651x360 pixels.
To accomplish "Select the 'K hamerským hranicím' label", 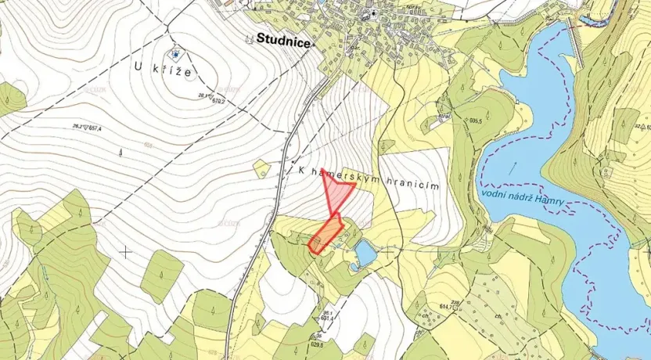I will pos(365,179).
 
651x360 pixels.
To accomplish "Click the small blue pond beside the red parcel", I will pos(364,252).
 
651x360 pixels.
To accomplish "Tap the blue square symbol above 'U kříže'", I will pos(177,53).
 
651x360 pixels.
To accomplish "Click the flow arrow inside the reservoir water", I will pos(516,165).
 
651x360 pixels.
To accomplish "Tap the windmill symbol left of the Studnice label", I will pos(247,38).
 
